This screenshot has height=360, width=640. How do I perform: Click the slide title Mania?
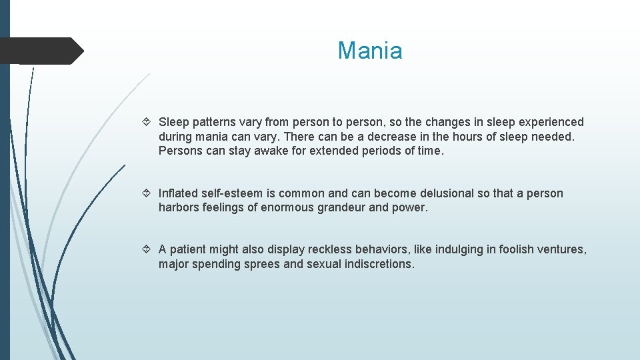tap(370, 51)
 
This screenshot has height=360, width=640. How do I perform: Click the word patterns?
tap(215, 122)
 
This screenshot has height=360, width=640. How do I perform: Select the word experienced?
tap(546, 122)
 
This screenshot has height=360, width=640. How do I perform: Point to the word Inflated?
tap(178, 193)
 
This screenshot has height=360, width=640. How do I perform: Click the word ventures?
tap(563, 249)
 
